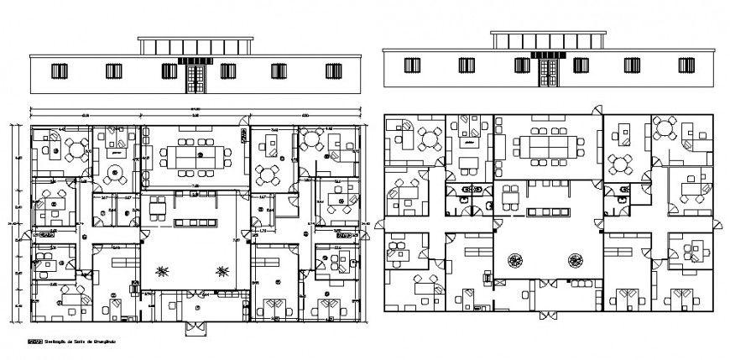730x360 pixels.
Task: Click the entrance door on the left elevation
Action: (x=195, y=78)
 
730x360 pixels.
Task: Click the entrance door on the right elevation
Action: (x=548, y=71)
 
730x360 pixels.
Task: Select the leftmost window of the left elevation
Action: (x=59, y=72)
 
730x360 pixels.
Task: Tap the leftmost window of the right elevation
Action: (x=411, y=65)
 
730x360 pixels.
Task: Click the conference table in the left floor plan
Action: (x=196, y=155)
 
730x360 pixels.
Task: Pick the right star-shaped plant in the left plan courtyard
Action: (x=222, y=269)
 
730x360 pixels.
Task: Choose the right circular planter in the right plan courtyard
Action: (x=576, y=260)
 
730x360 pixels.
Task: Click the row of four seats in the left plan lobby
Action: (x=195, y=221)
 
